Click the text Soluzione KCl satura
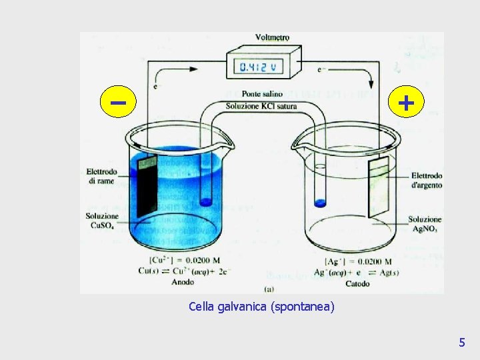[261, 106]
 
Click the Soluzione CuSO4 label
[102, 221]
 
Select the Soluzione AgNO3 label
[425, 224]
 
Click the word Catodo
[357, 283]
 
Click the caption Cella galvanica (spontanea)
[262, 307]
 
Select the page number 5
[461, 343]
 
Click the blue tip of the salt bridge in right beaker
[320, 203]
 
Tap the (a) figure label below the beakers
[270, 289]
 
